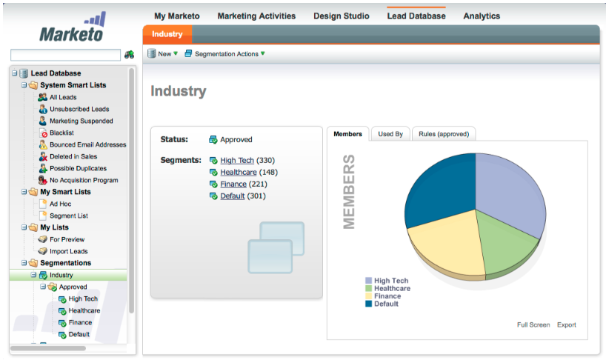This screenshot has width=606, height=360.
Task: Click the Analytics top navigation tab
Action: point(482,16)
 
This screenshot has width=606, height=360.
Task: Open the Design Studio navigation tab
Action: point(341,16)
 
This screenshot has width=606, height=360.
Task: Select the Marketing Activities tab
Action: point(257,16)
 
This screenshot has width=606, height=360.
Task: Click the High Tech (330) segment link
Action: point(237,161)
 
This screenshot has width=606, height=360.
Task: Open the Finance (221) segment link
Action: point(233,184)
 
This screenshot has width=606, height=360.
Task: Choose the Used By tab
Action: point(390,134)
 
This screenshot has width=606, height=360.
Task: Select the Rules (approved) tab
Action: point(443,134)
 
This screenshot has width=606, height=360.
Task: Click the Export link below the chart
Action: point(566,325)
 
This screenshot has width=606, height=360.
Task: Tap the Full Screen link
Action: point(533,325)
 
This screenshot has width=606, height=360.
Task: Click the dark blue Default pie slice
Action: point(441,186)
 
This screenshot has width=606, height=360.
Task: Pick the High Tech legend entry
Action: point(390,281)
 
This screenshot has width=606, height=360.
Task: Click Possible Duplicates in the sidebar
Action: point(79,168)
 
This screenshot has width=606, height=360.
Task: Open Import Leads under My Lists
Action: point(68,251)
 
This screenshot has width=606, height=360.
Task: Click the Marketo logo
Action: point(71,28)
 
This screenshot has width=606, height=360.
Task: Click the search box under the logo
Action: point(65,55)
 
